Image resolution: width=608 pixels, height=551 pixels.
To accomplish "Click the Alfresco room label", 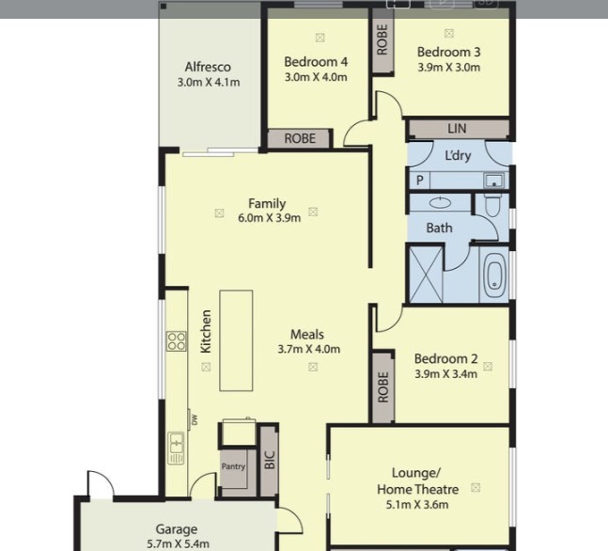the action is (x=208, y=67).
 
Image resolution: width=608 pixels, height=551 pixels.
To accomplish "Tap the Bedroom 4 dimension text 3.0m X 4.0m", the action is (x=316, y=77).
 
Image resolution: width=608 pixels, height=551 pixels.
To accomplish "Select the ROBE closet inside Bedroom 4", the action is (x=300, y=138).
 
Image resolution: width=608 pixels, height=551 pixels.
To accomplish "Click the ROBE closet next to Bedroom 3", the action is (x=382, y=40).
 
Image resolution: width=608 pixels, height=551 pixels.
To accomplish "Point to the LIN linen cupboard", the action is (x=459, y=129).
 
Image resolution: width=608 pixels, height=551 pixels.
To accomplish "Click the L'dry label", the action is (x=458, y=155).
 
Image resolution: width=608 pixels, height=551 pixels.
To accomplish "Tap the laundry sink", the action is (x=493, y=181).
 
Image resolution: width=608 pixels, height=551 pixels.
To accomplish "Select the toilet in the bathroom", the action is (x=492, y=205).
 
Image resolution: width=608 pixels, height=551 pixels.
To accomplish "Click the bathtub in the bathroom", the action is (x=494, y=275).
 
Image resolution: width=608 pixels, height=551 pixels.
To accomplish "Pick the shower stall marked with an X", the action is (x=426, y=275).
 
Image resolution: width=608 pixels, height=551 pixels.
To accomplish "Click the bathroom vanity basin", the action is (x=440, y=202).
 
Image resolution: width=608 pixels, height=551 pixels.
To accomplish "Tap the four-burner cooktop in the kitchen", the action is (x=176, y=341).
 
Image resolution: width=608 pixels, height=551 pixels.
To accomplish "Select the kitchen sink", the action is (x=176, y=449).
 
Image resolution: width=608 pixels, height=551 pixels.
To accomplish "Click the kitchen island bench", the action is (x=236, y=340).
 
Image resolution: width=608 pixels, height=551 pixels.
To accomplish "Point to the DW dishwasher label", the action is (x=195, y=419).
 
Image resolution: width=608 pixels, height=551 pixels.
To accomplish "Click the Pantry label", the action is (x=233, y=466).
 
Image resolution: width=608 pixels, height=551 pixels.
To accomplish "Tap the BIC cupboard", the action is (x=270, y=460).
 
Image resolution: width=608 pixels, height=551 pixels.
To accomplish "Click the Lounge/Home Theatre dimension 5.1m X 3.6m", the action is (x=417, y=504).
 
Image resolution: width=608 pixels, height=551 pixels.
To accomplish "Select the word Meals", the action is (x=307, y=334).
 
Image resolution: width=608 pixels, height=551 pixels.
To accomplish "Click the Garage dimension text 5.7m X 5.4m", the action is (x=178, y=543).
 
